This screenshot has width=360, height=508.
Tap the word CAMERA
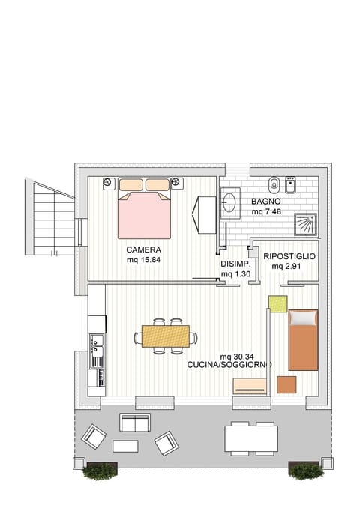(x=144, y=250)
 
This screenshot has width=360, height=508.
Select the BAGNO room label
(x=266, y=202)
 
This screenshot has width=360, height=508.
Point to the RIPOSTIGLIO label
(x=289, y=256)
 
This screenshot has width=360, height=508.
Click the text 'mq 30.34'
(x=236, y=356)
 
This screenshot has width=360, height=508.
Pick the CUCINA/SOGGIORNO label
(x=229, y=365)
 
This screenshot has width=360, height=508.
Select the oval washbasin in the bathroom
(x=231, y=203)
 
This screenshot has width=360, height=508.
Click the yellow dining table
(x=165, y=334)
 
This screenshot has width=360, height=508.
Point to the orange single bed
(x=304, y=339)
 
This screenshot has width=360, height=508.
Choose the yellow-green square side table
(x=278, y=304)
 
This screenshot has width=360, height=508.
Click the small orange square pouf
(x=286, y=384)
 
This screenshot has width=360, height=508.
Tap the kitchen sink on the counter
(x=97, y=347)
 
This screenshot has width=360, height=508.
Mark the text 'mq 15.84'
(x=144, y=260)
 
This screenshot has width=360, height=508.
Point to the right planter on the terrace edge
(x=305, y=471)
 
